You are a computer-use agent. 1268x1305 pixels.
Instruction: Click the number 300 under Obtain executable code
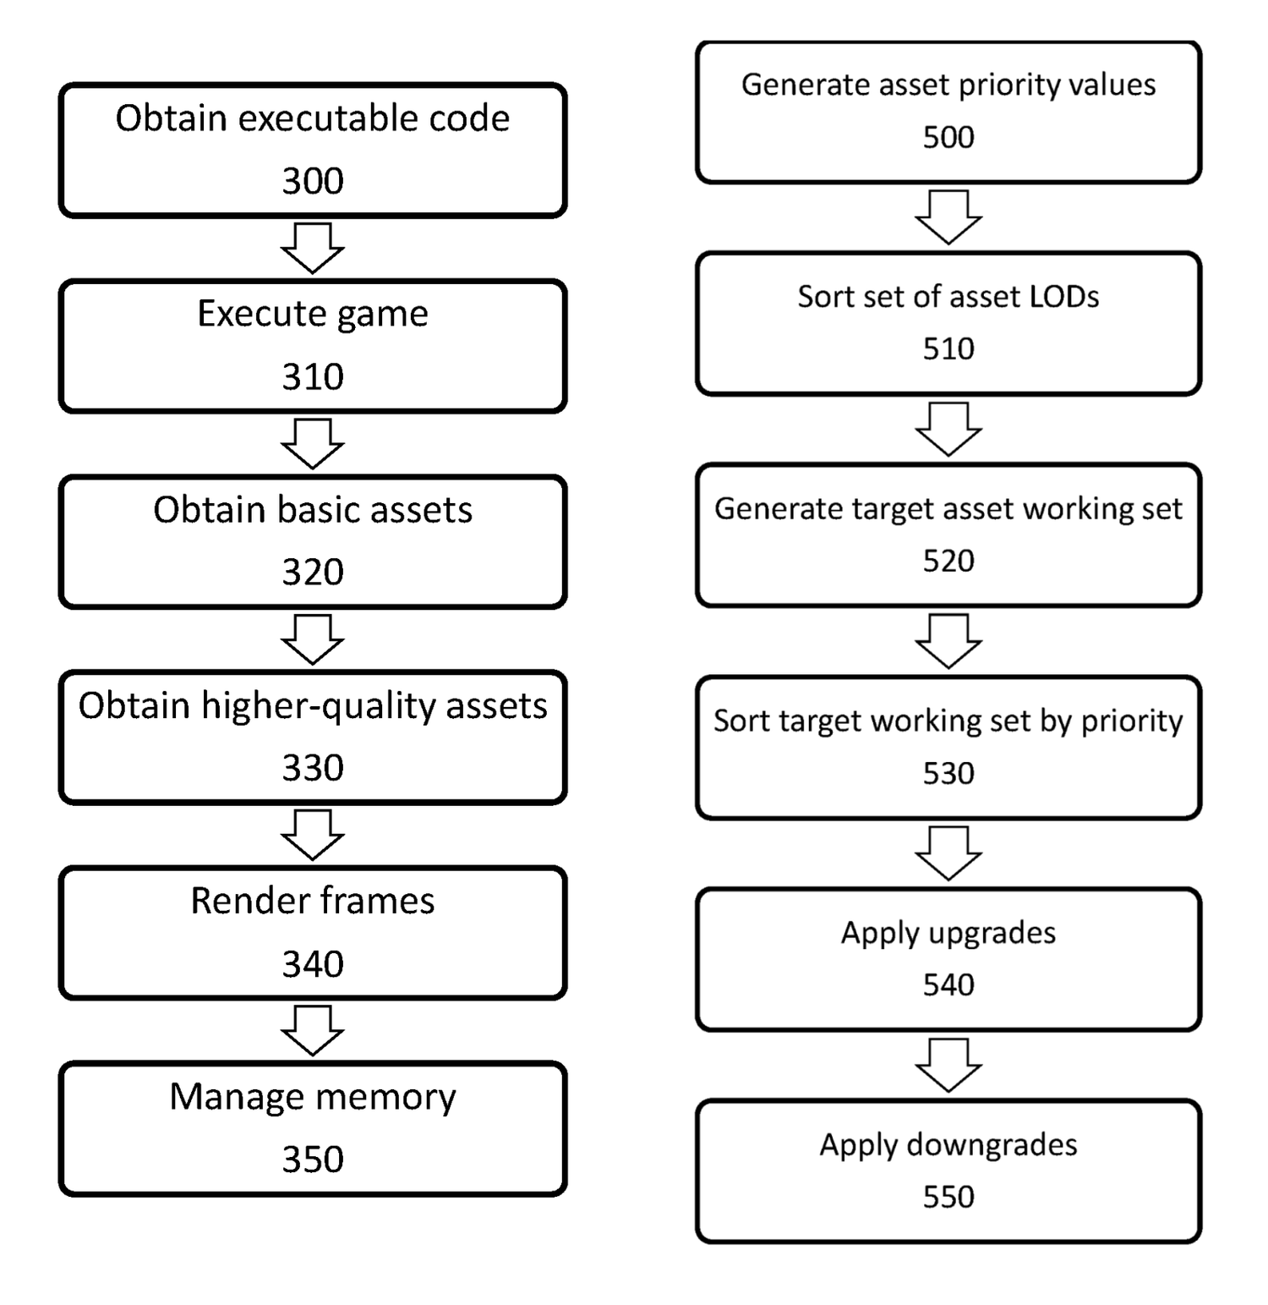[312, 181]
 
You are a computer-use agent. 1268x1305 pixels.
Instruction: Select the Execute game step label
[312, 314]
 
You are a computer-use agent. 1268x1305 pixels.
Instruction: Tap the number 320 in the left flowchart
[312, 573]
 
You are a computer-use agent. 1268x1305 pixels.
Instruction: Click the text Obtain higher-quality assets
[312, 705]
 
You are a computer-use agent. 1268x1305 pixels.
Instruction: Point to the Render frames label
[312, 902]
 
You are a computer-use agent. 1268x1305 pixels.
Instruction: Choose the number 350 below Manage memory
[312, 1160]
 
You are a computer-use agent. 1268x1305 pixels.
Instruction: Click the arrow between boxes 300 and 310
[312, 249]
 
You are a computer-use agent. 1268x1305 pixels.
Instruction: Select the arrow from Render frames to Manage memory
[312, 1031]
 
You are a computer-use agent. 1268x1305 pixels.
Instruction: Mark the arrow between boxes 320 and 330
[312, 639]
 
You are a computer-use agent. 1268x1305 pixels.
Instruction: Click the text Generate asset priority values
[948, 85]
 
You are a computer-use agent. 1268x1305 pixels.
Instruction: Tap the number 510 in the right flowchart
[948, 348]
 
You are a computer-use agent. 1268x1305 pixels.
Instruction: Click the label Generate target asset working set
[948, 509]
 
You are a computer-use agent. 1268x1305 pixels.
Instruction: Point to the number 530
[948, 773]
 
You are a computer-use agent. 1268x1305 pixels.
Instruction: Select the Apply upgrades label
[948, 933]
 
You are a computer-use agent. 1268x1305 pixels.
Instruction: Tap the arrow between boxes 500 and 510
[948, 217]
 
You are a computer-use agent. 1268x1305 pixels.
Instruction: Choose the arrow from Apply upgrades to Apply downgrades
[948, 1066]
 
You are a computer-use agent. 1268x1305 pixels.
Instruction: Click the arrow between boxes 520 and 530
[948, 641]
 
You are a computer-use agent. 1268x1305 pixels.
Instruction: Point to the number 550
[948, 1197]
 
